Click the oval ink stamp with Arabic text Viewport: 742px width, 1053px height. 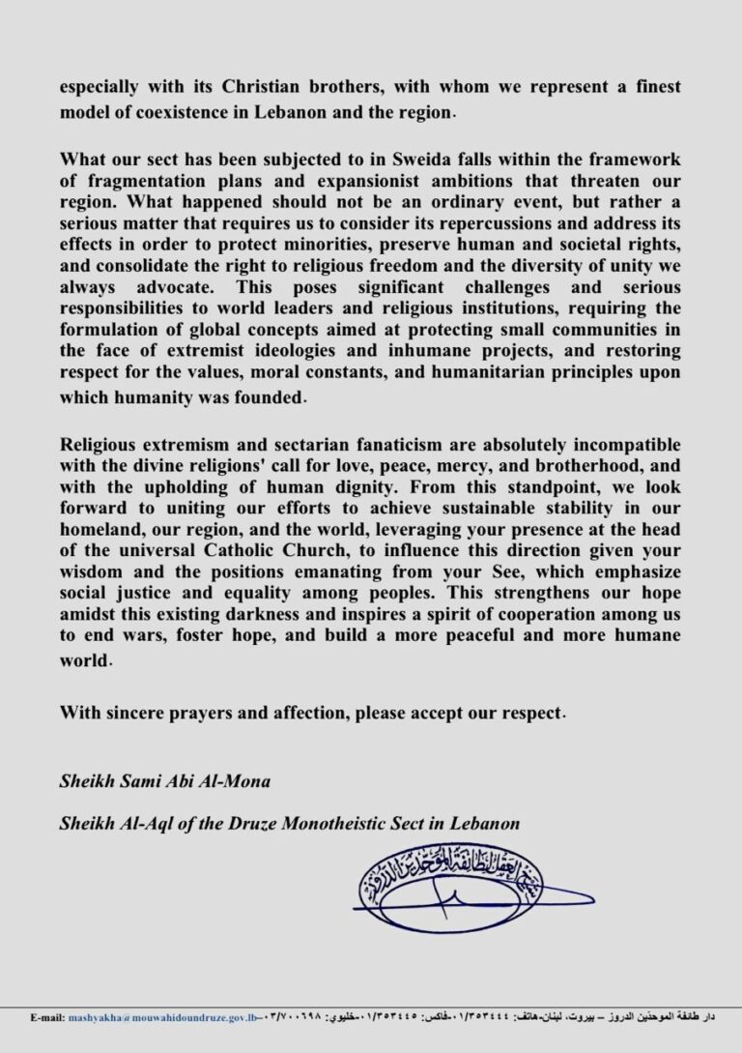[x=450, y=881]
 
